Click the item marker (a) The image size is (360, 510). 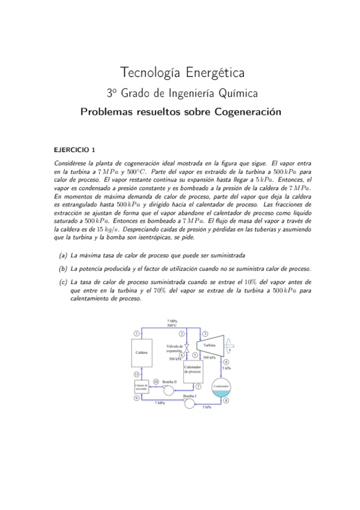coord(63,256)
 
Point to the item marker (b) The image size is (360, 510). coord(63,268)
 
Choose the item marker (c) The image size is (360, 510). coord(63,281)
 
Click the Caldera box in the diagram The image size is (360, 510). coord(142,352)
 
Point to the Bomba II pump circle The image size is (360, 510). coord(169,390)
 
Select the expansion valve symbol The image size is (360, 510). coord(186,348)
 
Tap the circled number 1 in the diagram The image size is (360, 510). coord(137,333)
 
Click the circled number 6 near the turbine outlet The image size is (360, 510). coord(225,361)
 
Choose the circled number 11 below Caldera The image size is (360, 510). coord(137,374)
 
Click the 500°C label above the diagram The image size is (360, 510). coord(172,325)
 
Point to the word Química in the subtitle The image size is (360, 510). coord(239,93)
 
